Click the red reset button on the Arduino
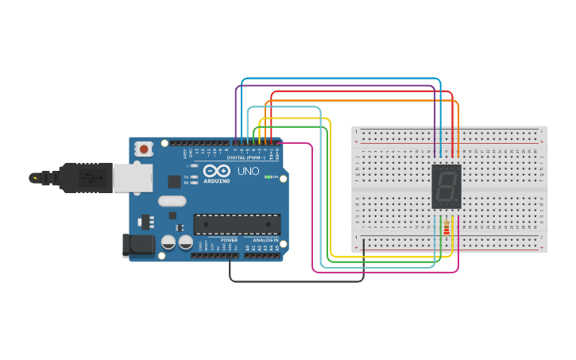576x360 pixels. [144, 149]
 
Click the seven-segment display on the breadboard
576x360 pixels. [446, 187]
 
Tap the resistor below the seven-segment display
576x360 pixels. [446, 230]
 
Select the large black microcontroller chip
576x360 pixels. [237, 225]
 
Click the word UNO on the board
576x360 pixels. [249, 171]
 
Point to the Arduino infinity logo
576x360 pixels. [217, 171]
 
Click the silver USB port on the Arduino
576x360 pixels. [132, 178]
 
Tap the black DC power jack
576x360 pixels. [140, 246]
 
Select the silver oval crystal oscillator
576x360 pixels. [172, 201]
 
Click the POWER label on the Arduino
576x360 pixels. [229, 239]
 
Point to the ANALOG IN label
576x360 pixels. [265, 239]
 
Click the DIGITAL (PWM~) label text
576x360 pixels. [246, 157]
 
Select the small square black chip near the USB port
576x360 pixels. [174, 181]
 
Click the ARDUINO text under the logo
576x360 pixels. [217, 180]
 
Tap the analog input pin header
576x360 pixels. [262, 255]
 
